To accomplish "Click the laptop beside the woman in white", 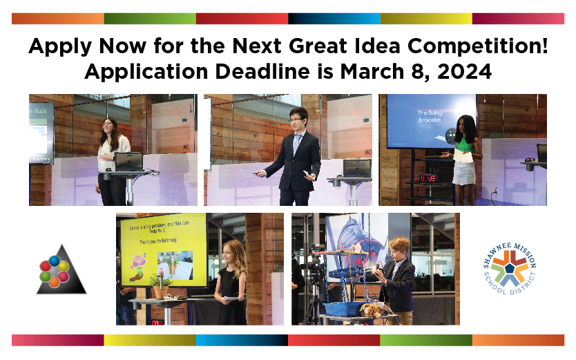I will pos(128,162).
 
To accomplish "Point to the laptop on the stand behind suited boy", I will pos(356,168).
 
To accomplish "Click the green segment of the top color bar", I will pos(150,19).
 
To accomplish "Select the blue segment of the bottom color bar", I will pos(242,340).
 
